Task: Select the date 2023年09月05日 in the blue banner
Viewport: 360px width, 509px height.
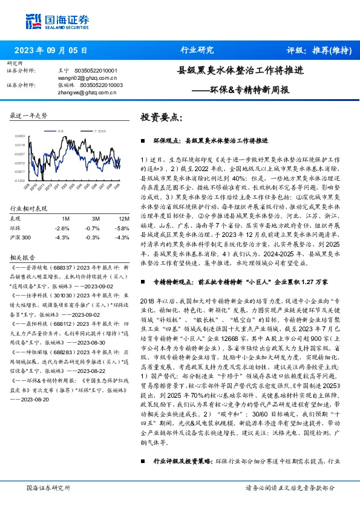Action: [51, 51]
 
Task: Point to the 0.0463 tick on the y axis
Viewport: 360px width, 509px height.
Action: [21, 137]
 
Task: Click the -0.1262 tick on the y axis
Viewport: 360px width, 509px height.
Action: [21, 180]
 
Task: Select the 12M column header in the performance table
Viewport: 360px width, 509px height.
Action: [124, 218]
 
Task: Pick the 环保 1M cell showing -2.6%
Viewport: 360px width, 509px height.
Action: [62, 228]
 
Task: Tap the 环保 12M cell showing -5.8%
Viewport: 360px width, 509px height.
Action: [122, 228]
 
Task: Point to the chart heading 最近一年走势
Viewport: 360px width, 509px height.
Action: [29, 115]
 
